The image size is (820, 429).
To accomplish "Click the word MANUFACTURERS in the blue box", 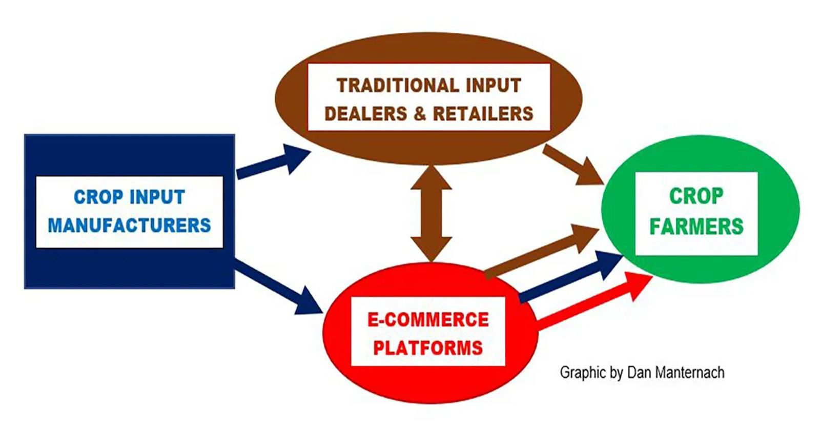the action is pyautogui.click(x=130, y=225).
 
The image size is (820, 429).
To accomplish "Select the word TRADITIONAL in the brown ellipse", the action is pyautogui.click(x=398, y=85).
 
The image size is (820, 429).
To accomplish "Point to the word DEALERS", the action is pyautogui.click(x=366, y=113).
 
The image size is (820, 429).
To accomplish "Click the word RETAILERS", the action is pyautogui.click(x=483, y=113).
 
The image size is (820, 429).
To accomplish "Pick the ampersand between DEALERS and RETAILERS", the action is pyautogui.click(x=420, y=113).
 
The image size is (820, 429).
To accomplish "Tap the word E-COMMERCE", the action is pyautogui.click(x=428, y=319).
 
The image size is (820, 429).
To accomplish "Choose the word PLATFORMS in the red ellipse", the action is pyautogui.click(x=428, y=348).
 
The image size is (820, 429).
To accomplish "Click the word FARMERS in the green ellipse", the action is pyautogui.click(x=696, y=226).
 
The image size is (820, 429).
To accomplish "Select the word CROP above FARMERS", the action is pyautogui.click(x=696, y=196).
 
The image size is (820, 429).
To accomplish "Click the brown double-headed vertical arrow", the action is pyautogui.click(x=431, y=213).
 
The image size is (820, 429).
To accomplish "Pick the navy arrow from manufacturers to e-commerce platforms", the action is pyautogui.click(x=278, y=287).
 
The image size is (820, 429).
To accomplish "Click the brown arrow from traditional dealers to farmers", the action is pyautogui.click(x=573, y=165).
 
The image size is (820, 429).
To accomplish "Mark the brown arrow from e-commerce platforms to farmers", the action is pyautogui.click(x=542, y=252).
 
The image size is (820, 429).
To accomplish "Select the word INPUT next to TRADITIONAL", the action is pyautogui.click(x=494, y=85).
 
